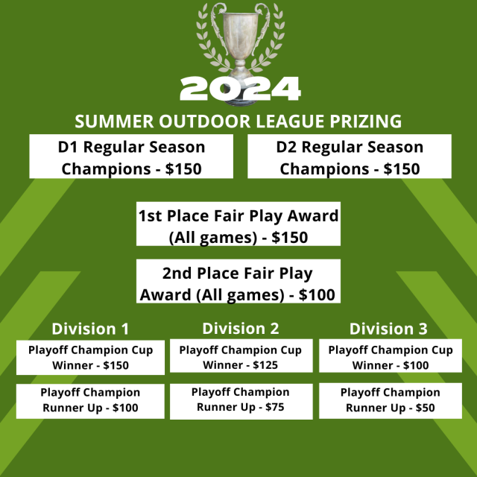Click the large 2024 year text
tap(240, 89)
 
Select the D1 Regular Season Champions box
tap(131, 156)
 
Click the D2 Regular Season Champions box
tap(350, 156)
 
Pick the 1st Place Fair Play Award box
tap(238, 224)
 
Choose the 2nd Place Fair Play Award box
tap(238, 281)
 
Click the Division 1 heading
tap(90, 329)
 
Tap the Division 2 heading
tap(241, 329)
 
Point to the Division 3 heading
tap(388, 329)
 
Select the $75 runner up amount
tap(275, 407)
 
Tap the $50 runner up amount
tap(426, 408)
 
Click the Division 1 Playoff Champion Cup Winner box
tap(90, 358)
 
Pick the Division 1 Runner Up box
tap(90, 401)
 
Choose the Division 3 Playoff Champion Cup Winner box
tap(391, 356)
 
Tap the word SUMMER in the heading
tap(114, 121)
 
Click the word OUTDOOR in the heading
tap(205, 121)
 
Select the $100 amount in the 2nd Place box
tap(317, 295)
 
